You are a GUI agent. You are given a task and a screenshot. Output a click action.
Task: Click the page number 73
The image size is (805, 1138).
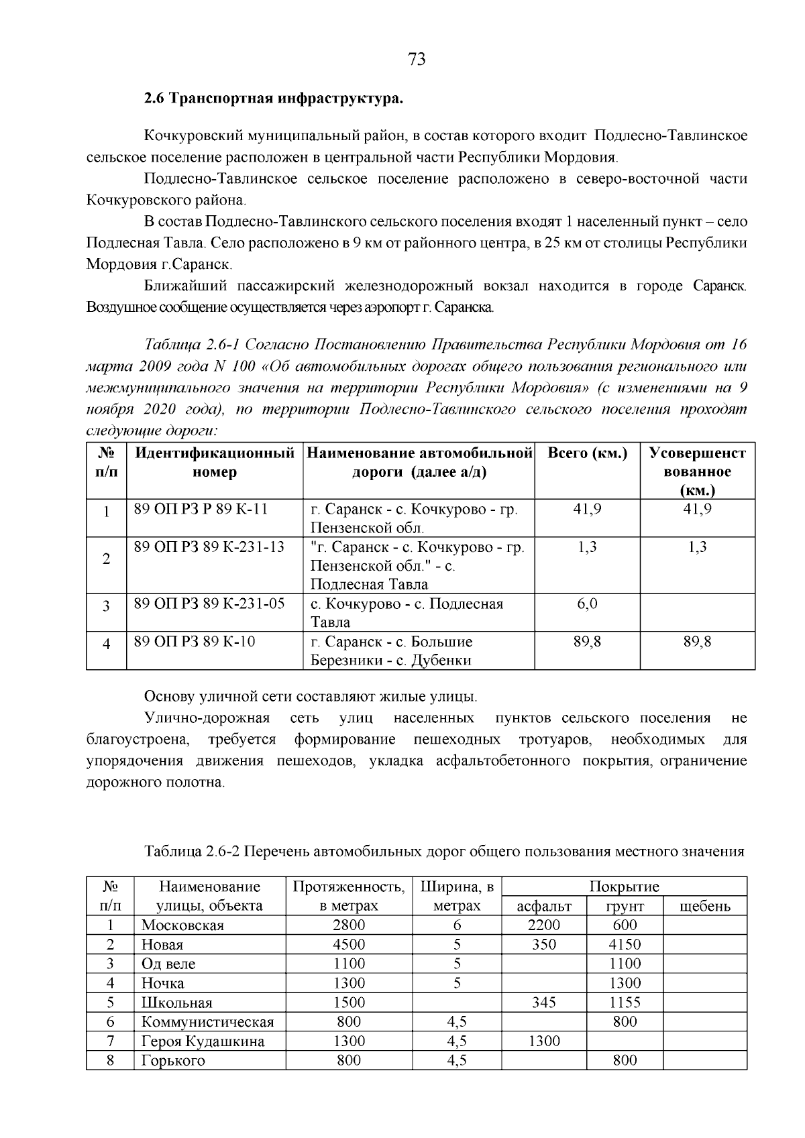pyautogui.click(x=416, y=60)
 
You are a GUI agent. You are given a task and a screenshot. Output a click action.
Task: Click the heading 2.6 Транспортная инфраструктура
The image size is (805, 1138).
pyautogui.click(x=274, y=99)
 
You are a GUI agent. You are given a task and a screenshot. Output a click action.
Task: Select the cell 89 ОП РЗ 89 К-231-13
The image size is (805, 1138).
pyautogui.click(x=209, y=547)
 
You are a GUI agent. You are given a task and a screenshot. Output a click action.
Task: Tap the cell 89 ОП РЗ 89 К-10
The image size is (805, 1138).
pyautogui.click(x=195, y=641)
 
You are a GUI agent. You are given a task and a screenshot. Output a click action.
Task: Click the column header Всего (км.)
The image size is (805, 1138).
pyautogui.click(x=587, y=453)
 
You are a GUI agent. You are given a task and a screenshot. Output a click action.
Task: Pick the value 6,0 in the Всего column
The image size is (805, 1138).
pyautogui.click(x=587, y=604)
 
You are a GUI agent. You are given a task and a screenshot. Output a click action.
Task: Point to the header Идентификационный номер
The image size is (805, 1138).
pyautogui.click(x=215, y=462)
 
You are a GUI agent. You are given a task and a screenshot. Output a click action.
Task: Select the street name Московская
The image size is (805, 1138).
pyautogui.click(x=182, y=925)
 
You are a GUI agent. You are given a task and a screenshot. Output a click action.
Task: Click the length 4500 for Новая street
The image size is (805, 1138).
pyautogui.click(x=349, y=944)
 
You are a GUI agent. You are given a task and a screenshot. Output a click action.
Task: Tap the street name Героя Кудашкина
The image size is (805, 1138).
pyautogui.click(x=203, y=1041)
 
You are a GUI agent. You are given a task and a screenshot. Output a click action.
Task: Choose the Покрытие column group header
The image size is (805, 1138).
pyautogui.click(x=624, y=887)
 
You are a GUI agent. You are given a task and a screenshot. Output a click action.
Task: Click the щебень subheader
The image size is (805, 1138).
pyautogui.click(x=704, y=907)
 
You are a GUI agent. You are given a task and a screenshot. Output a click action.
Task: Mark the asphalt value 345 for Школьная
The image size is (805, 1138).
pyautogui.click(x=543, y=1003)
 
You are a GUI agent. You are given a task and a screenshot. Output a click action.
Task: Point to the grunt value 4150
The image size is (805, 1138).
pyautogui.click(x=625, y=944)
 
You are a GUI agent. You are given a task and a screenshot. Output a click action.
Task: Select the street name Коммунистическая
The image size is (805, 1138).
pyautogui.click(x=207, y=1022)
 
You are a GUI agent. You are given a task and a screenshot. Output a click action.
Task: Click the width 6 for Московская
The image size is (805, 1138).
pyautogui.click(x=457, y=925)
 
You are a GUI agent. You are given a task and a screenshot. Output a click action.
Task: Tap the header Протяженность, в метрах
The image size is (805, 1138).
pyautogui.click(x=349, y=896)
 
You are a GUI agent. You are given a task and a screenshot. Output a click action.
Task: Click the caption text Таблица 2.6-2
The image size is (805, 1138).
pyautogui.click(x=192, y=851)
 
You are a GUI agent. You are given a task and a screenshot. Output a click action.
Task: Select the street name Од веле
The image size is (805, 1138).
pyautogui.click(x=168, y=964)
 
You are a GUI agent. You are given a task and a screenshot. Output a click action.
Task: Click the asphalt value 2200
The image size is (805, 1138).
pyautogui.click(x=543, y=925)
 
